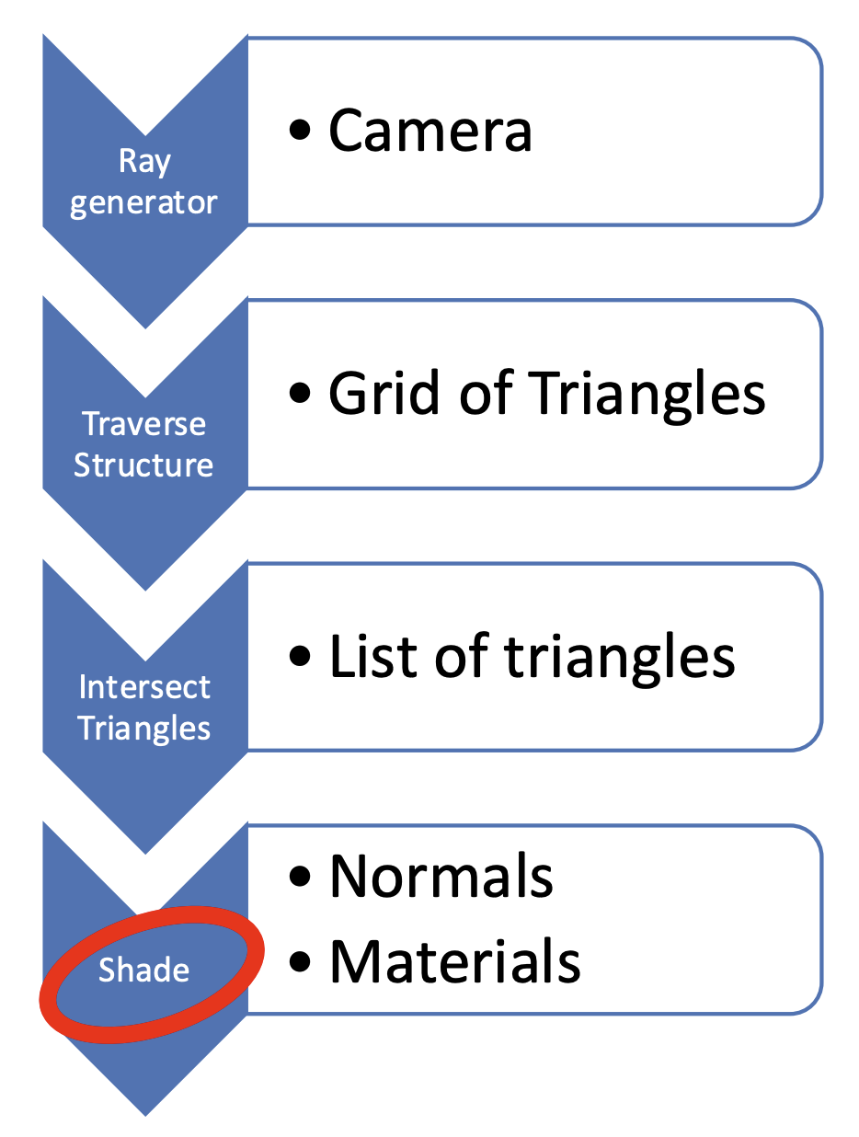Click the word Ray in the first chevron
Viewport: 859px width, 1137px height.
(144, 162)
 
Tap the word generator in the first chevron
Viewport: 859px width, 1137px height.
(143, 202)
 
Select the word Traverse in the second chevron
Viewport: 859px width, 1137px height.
(144, 424)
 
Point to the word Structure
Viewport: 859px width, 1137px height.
(143, 465)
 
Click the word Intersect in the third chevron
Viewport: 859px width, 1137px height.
(144, 687)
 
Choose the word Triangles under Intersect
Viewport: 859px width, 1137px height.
(144, 729)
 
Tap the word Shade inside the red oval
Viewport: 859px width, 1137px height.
(144, 970)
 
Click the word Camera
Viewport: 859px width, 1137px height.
(429, 130)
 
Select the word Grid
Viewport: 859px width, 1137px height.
(384, 392)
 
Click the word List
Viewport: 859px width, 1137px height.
(372, 655)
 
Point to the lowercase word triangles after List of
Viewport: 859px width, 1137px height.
(619, 660)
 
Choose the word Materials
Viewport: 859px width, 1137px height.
(455, 961)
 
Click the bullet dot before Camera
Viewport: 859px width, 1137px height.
(300, 131)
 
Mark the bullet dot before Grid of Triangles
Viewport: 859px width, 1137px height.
(300, 393)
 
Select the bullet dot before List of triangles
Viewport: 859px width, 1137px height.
(300, 656)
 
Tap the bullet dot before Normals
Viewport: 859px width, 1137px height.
(300, 877)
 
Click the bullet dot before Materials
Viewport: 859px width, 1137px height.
(300, 962)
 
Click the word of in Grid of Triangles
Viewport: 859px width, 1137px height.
(486, 392)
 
